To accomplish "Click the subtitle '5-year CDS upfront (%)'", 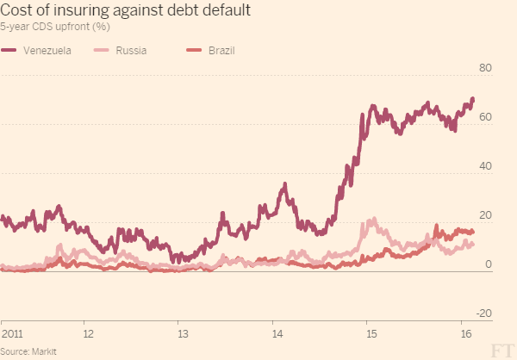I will point(53,28).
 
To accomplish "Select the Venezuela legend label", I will point(47,50).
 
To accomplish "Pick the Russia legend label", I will point(131,50).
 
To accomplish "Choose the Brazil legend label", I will point(221,50).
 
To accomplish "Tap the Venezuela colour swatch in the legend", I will point(10,50).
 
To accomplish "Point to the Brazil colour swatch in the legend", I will point(194,50).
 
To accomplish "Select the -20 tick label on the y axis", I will point(483,313).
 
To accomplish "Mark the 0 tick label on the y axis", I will point(488,264).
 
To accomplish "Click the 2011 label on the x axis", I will point(11,332).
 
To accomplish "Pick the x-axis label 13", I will point(182,332).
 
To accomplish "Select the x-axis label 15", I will point(369,332).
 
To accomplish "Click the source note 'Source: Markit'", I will point(28,352).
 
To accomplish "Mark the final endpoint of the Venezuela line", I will point(472,99).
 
